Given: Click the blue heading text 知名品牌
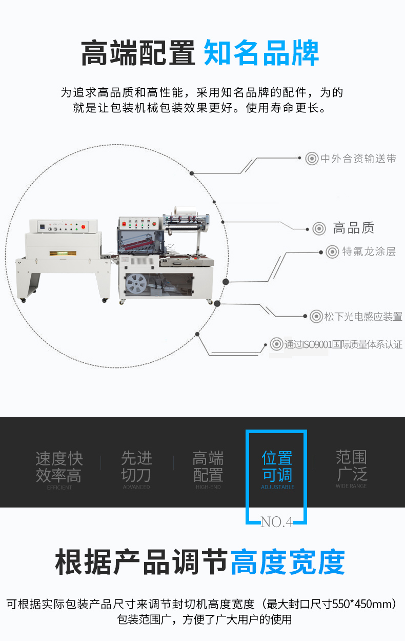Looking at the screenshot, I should click(x=261, y=53).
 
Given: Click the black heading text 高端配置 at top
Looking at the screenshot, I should click(x=138, y=53).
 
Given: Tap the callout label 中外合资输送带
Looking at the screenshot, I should click(x=358, y=159).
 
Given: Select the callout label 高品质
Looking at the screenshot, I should click(x=354, y=228).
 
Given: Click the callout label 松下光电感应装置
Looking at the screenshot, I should click(x=363, y=317).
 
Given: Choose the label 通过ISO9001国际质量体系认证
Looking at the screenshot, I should click(x=343, y=344).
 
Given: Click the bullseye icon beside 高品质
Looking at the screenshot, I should click(x=319, y=228).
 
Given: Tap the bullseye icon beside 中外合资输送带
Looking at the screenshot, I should click(x=312, y=159).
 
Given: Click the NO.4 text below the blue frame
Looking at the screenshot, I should click(x=276, y=522).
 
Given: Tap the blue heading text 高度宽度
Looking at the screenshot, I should click(x=288, y=562).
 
